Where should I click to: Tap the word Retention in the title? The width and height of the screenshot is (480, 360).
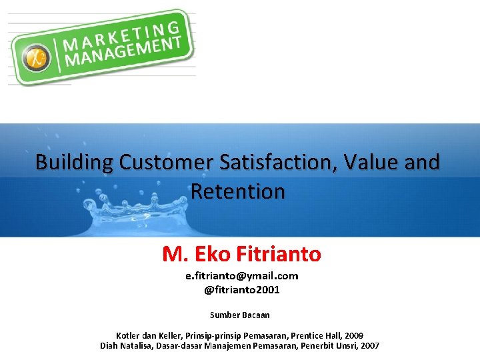click(238, 191)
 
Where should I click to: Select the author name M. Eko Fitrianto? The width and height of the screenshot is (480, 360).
click(241, 254)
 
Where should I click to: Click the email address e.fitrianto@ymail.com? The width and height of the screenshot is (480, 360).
click(241, 275)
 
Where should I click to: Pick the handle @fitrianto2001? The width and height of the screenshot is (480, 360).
click(241, 290)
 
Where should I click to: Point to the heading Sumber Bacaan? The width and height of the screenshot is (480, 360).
click(240, 315)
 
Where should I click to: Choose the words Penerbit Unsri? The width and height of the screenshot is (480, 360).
click(327, 345)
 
